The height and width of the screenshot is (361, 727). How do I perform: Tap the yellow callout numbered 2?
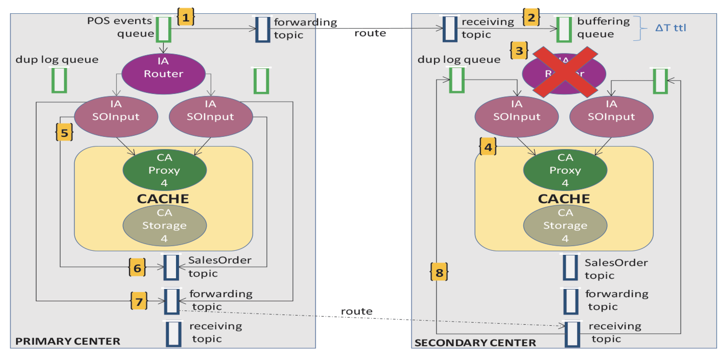531,17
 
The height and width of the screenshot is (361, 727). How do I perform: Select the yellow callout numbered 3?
519,51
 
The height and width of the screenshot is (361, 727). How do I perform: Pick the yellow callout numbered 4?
488,147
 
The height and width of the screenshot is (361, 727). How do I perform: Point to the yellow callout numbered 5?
64,133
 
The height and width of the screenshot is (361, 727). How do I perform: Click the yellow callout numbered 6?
137,268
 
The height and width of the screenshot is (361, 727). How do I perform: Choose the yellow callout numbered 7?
139,302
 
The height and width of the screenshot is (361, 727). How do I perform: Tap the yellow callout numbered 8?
439,272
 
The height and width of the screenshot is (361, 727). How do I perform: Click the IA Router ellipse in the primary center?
163,74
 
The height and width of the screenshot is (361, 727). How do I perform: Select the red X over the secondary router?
565,73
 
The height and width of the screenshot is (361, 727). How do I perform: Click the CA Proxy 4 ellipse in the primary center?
165,170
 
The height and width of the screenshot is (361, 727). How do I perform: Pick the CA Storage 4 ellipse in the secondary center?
565,226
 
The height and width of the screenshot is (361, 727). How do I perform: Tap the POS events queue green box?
164,29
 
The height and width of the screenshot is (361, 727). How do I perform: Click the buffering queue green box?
564,29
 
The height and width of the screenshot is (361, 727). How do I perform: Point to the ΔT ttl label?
670,28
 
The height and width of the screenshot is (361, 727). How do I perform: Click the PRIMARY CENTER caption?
68,341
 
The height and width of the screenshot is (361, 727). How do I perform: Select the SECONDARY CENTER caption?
475,343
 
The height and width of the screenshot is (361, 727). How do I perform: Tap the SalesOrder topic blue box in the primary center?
171,267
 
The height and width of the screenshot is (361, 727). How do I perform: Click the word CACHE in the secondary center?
564,199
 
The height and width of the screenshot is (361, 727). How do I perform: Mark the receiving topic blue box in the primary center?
173,334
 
